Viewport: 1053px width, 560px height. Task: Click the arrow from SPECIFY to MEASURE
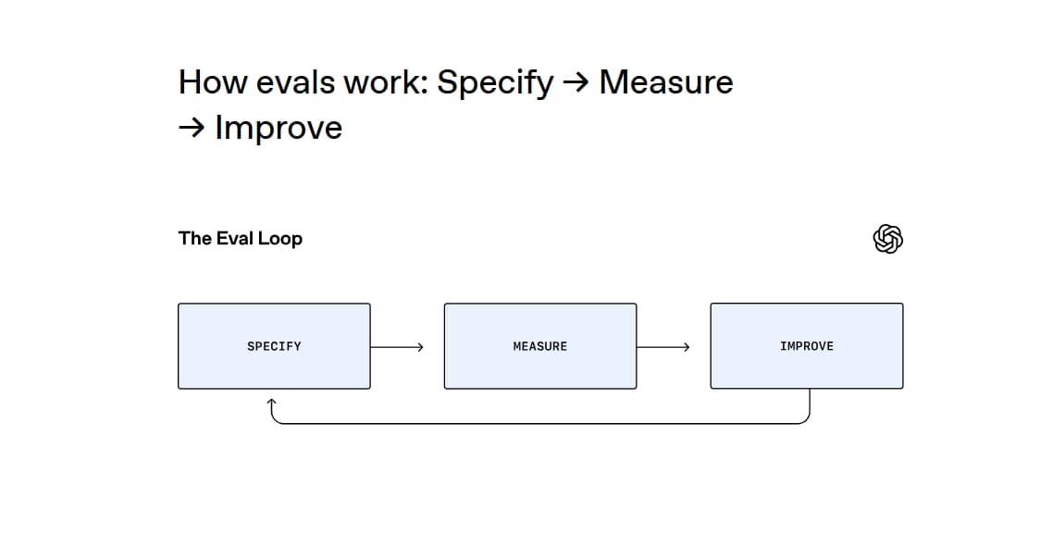pos(397,347)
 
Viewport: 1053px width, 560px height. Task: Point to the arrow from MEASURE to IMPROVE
pos(663,347)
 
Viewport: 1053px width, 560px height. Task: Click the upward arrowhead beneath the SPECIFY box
pos(272,404)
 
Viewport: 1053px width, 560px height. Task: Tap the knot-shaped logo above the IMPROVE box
pos(887,239)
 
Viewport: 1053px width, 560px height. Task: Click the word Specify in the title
pos(495,82)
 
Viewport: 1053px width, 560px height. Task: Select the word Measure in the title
pos(666,82)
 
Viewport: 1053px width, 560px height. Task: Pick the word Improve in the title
pos(279,128)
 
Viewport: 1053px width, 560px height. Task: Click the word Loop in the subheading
pos(279,239)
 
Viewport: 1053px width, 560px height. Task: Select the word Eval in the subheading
pos(235,239)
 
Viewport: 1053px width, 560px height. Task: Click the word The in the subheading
pos(194,239)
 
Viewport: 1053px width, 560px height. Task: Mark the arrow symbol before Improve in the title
pos(192,128)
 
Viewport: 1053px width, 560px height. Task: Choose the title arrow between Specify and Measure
pos(576,82)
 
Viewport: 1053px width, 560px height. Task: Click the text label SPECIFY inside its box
pos(274,346)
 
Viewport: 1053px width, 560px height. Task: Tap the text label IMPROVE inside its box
pos(806,346)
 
